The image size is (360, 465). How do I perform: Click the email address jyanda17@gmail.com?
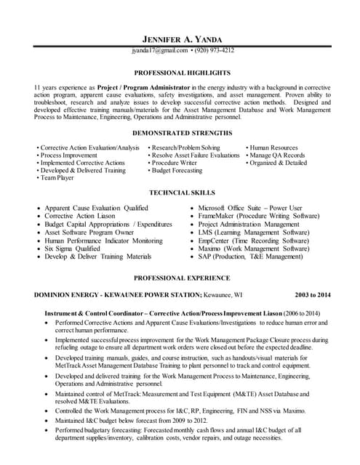pos(159,51)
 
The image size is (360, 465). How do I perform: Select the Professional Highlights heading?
pos(182,73)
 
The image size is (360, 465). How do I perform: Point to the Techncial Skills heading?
pos(182,193)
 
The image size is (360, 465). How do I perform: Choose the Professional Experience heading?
pos(182,278)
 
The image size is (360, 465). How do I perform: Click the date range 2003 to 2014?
pos(312,295)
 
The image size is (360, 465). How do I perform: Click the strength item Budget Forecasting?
pos(177,170)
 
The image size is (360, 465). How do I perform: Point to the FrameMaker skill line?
pos(259,217)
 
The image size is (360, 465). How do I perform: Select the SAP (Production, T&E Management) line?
pos(250,256)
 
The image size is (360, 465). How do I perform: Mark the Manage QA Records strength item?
pos(277,155)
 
